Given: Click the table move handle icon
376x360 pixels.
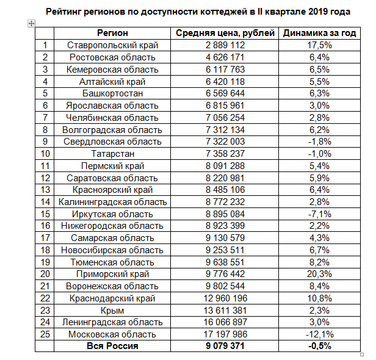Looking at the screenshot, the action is coord(31,23).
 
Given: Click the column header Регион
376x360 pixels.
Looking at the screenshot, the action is coord(112,33).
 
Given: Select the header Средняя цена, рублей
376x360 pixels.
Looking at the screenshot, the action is coord(225,33).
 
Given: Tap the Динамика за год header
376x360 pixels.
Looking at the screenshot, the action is coord(319,33).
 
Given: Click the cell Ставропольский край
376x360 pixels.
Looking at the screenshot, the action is coord(112,45).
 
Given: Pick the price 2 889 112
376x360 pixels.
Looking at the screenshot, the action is coord(225,45).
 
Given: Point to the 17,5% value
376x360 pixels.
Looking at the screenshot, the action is coord(319,45).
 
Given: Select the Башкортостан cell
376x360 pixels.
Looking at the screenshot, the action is coord(112,93).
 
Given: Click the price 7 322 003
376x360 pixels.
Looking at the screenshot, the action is coord(225,142).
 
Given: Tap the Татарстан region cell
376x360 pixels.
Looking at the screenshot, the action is coord(112,154).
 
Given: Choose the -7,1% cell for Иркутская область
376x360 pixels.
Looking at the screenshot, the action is coord(319,214).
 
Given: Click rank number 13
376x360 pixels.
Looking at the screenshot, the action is coord(45,190).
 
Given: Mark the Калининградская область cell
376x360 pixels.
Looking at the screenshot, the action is coord(112,202).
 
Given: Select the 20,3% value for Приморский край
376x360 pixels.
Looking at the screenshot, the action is coord(319,274).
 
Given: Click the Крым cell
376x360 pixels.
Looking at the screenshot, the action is coord(112,311).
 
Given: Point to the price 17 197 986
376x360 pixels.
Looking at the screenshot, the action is coord(225,334).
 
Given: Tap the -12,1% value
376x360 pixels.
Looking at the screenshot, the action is coord(319,334).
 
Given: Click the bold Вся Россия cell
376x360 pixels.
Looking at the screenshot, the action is coord(112,346).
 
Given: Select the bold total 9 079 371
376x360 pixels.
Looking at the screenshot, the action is coord(225,346).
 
